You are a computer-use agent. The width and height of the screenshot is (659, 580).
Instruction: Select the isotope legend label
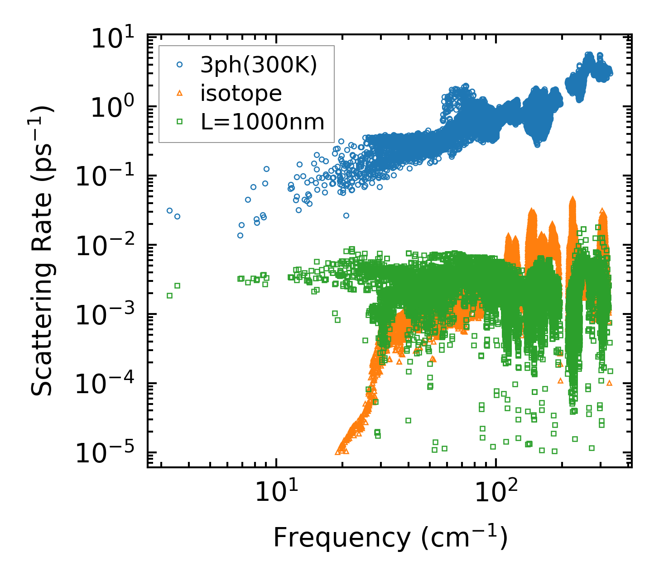241,93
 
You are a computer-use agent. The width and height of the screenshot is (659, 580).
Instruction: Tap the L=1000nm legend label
263,122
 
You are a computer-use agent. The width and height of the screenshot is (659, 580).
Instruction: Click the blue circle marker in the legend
180,65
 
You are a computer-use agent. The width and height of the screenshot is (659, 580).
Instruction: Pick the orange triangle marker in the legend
180,93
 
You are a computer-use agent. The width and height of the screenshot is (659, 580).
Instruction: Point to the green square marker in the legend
180,121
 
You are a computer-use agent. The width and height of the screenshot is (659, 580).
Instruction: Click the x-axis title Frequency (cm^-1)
390,537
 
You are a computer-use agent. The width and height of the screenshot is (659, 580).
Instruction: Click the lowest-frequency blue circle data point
169,210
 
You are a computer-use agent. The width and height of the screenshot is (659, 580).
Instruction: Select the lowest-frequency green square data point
169,295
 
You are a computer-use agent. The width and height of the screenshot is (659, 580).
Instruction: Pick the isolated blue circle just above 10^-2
346,215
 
